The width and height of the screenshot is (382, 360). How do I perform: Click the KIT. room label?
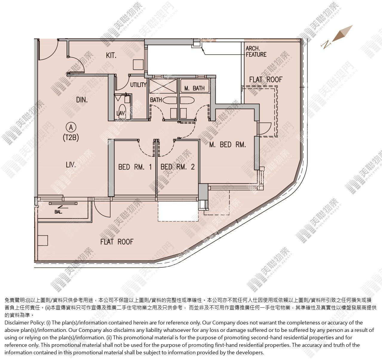pos(111,56)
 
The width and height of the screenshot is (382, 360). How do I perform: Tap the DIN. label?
pos(82,100)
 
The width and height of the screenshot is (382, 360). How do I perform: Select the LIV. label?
pos(71,165)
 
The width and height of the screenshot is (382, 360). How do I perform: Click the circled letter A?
pos(71,127)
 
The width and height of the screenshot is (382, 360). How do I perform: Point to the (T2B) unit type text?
pos(71,138)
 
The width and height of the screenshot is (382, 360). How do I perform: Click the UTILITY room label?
pos(138,85)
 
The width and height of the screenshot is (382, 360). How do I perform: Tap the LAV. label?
pos(121,113)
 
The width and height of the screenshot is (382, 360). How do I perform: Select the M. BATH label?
pos(194,88)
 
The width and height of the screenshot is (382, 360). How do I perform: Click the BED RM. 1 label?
pos(135,167)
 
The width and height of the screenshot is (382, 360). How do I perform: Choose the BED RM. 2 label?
pos(177,167)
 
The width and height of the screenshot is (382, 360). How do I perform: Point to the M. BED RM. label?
pos(228,145)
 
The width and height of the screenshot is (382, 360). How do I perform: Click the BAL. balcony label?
pos(58,212)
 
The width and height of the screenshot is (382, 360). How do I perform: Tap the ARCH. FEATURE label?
pos(256,51)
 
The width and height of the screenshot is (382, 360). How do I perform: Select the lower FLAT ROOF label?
pos(117,242)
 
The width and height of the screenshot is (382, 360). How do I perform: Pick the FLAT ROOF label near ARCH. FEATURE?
pos(266,79)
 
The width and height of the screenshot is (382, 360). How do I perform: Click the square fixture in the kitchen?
pos(138,65)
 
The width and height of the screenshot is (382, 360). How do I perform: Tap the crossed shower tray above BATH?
pos(163,86)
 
